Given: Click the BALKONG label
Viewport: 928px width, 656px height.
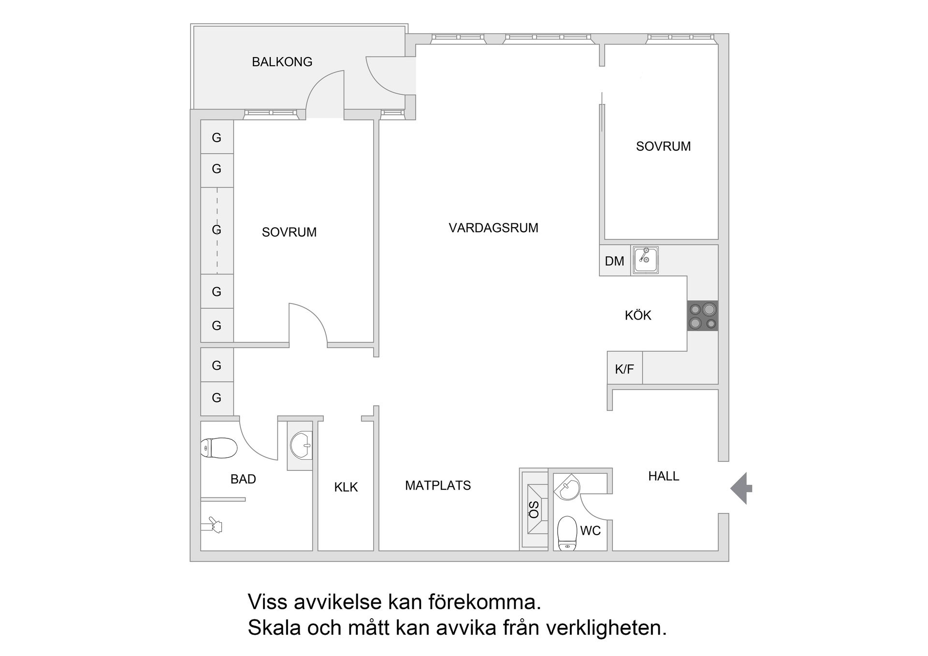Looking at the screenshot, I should click(x=282, y=62).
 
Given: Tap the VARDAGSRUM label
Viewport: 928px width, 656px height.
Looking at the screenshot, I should click(x=493, y=228).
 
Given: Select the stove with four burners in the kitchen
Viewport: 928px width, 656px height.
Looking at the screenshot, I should click(x=702, y=316).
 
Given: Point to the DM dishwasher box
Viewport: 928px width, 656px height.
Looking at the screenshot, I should click(x=614, y=261).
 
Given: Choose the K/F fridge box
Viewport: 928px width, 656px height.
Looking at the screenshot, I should click(x=624, y=369).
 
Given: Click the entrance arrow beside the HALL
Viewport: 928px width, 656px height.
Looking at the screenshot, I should click(x=740, y=488).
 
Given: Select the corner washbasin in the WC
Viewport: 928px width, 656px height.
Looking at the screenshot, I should click(x=568, y=487).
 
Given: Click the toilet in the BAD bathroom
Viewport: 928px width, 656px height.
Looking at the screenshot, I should click(x=219, y=448).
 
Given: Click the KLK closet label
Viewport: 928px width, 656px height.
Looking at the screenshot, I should click(x=346, y=487).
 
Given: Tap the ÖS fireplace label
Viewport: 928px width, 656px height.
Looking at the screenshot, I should click(x=534, y=510).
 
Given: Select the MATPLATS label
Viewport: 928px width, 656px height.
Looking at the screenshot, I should click(x=437, y=485).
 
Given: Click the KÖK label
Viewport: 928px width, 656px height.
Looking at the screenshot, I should click(x=638, y=316).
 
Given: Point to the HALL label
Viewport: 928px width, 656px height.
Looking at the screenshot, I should click(x=663, y=476).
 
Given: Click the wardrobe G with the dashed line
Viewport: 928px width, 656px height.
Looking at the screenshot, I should click(x=217, y=230).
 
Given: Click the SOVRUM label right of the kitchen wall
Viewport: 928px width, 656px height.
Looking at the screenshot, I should click(x=663, y=146).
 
